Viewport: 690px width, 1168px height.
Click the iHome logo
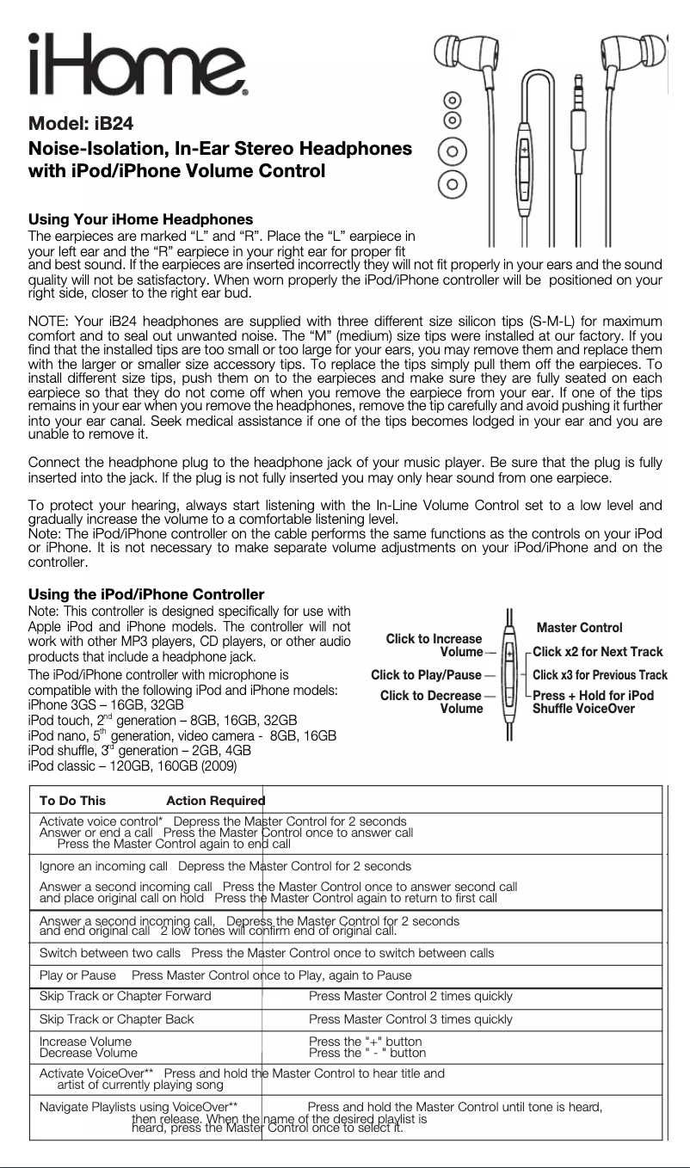click(x=138, y=64)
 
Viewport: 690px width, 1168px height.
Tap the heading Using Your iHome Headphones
click(x=141, y=219)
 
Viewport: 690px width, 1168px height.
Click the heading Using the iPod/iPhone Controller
click(x=146, y=595)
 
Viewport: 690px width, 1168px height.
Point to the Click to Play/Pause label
click(x=426, y=675)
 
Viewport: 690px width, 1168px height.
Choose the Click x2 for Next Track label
click(x=597, y=652)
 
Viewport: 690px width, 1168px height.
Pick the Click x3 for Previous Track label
click(x=600, y=675)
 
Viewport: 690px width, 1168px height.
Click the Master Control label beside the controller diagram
click(x=578, y=628)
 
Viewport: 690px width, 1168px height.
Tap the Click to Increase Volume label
click(x=434, y=645)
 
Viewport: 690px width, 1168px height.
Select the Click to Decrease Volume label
click(x=431, y=702)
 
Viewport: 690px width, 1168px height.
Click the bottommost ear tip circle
click(x=453, y=183)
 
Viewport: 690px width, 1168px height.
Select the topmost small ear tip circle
click(x=453, y=100)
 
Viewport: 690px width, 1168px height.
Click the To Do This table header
click(x=73, y=801)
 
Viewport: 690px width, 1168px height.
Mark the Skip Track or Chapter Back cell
click(x=117, y=1019)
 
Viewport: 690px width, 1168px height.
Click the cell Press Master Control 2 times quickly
click(x=410, y=996)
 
